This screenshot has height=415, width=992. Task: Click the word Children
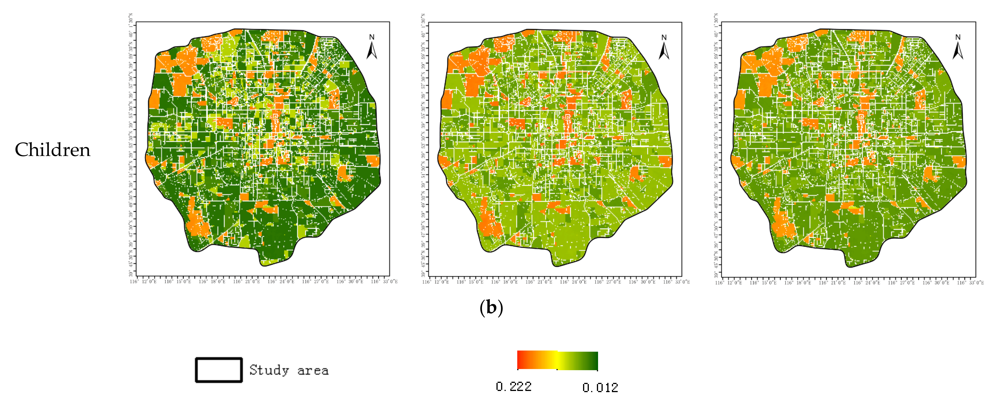pyautogui.click(x=52, y=150)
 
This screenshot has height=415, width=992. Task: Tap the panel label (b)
pyautogui.click(x=491, y=308)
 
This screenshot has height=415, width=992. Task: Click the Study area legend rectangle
pyautogui.click(x=219, y=370)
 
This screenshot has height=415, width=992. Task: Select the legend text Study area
pyautogui.click(x=289, y=370)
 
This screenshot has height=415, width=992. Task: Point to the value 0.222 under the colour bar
pyautogui.click(x=514, y=387)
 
